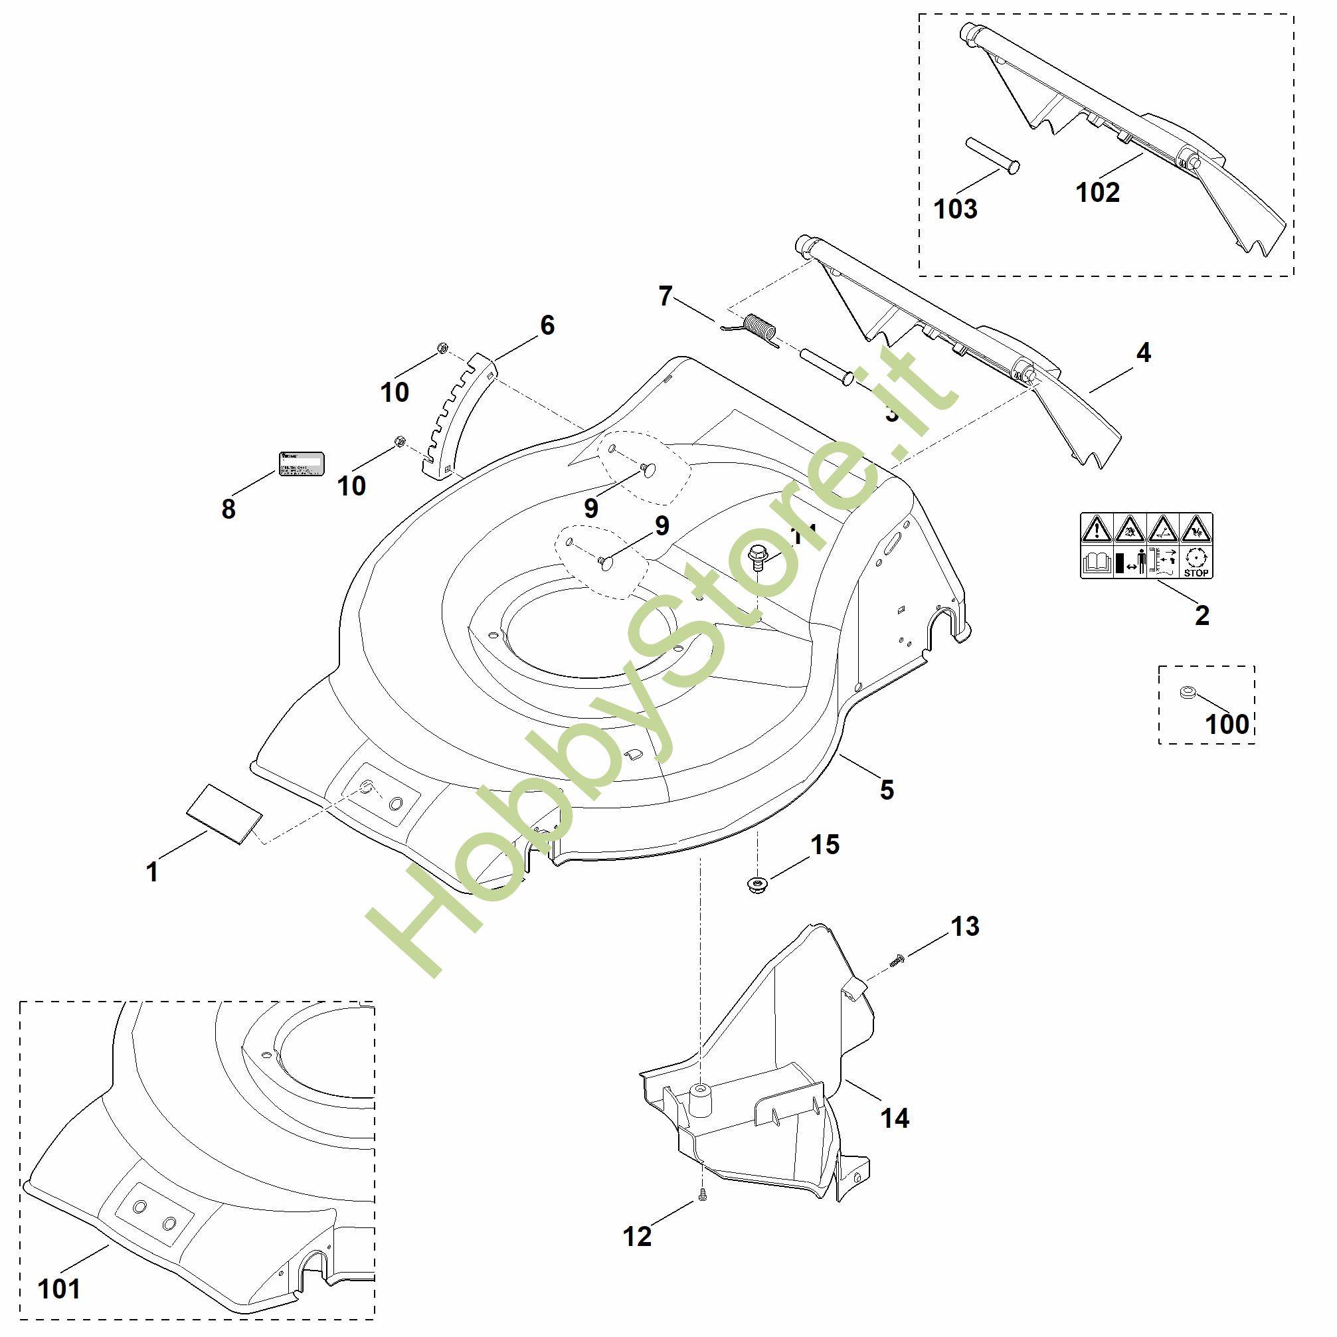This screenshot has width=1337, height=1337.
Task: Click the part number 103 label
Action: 955,209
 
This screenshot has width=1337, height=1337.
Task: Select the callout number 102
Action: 1097,192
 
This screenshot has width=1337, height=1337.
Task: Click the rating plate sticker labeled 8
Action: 301,463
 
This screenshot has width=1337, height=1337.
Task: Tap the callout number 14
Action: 894,1118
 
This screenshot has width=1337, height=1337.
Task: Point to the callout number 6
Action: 547,325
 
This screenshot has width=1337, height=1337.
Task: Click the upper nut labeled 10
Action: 442,347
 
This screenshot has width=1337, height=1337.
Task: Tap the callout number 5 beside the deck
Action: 887,790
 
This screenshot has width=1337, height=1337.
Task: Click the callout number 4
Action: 1143,353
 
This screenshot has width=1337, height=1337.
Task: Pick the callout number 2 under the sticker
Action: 1202,614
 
